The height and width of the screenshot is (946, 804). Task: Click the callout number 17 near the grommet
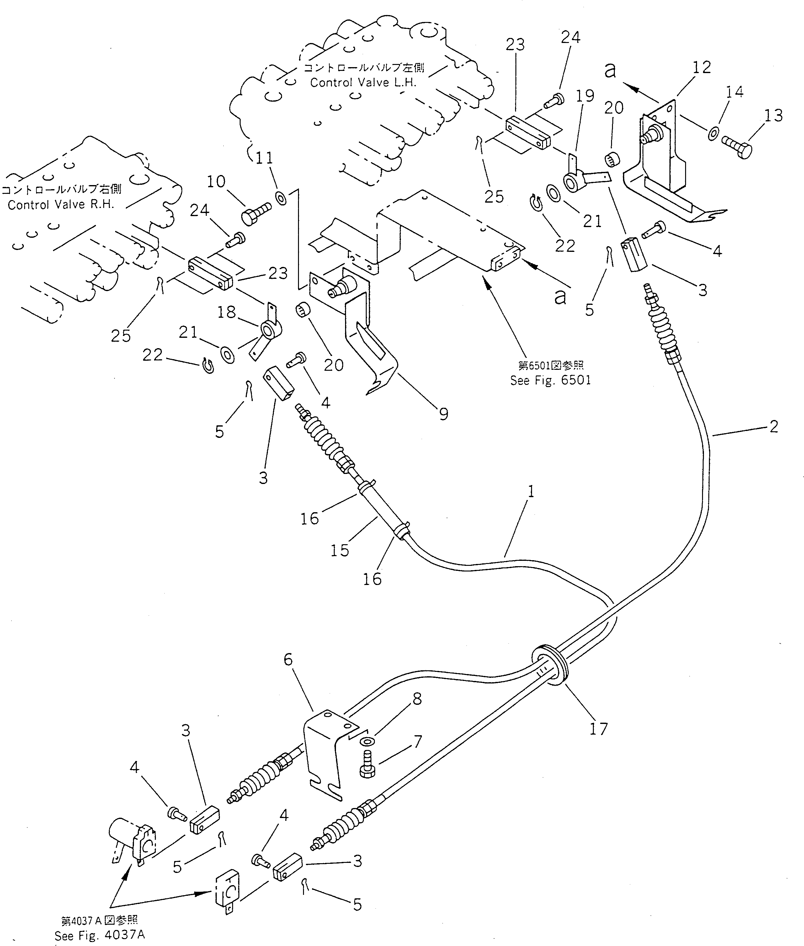pyautogui.click(x=599, y=729)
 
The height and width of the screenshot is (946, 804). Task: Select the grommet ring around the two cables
pyautogui.click(x=551, y=667)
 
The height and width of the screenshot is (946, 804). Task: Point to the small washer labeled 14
pyautogui.click(x=713, y=134)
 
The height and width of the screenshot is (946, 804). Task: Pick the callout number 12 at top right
pyautogui.click(x=701, y=67)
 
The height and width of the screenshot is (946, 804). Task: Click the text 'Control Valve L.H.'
pyautogui.click(x=363, y=82)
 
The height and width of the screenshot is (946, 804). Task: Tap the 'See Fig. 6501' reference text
pyautogui.click(x=550, y=380)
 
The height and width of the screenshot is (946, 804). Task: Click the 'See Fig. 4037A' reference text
pyautogui.click(x=99, y=936)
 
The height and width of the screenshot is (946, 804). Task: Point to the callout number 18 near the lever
pyautogui.click(x=226, y=312)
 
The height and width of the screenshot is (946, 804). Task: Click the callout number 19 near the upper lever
pyautogui.click(x=585, y=96)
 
